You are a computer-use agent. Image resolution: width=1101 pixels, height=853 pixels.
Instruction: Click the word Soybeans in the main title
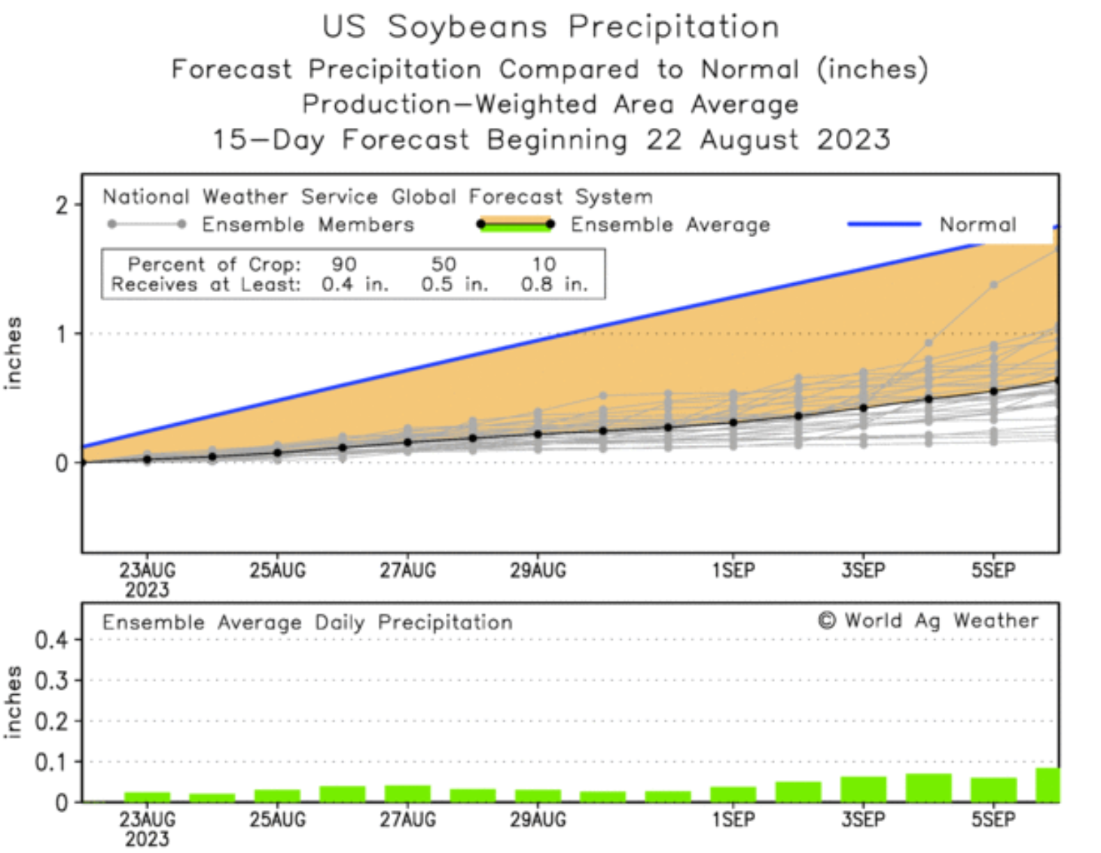click(x=467, y=27)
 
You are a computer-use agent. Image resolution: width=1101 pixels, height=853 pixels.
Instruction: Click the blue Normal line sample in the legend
click(x=884, y=224)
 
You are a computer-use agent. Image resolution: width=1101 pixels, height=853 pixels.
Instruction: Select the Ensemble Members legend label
click(x=308, y=224)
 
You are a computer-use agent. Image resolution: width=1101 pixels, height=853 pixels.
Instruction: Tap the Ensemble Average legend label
click(x=670, y=224)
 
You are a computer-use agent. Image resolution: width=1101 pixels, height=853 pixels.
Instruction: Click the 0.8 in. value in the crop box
click(x=554, y=285)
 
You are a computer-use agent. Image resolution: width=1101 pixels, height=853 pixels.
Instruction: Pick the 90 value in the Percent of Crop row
click(x=344, y=264)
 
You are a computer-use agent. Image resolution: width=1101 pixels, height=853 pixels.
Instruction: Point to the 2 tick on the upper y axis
click(x=62, y=206)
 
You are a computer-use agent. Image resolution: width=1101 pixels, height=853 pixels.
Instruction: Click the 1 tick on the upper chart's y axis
click(x=62, y=334)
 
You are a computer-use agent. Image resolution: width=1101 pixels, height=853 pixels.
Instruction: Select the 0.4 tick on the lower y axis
click(x=51, y=641)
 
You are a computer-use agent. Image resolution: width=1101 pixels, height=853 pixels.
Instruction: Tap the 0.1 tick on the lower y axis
click(x=51, y=762)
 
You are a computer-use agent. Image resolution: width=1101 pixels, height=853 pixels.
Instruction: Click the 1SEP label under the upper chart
click(x=733, y=571)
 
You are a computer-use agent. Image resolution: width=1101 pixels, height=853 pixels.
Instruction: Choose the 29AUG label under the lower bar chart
click(x=538, y=820)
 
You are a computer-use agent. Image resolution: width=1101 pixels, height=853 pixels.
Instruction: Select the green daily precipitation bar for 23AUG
click(x=147, y=797)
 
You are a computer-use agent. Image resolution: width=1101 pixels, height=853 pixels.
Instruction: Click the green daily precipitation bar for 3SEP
click(x=863, y=790)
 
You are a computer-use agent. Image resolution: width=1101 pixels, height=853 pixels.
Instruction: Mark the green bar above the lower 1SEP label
click(x=733, y=795)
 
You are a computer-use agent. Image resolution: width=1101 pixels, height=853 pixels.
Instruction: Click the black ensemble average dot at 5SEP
click(x=993, y=391)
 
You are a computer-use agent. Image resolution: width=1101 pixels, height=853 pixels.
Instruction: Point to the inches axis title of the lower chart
click(x=13, y=702)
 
